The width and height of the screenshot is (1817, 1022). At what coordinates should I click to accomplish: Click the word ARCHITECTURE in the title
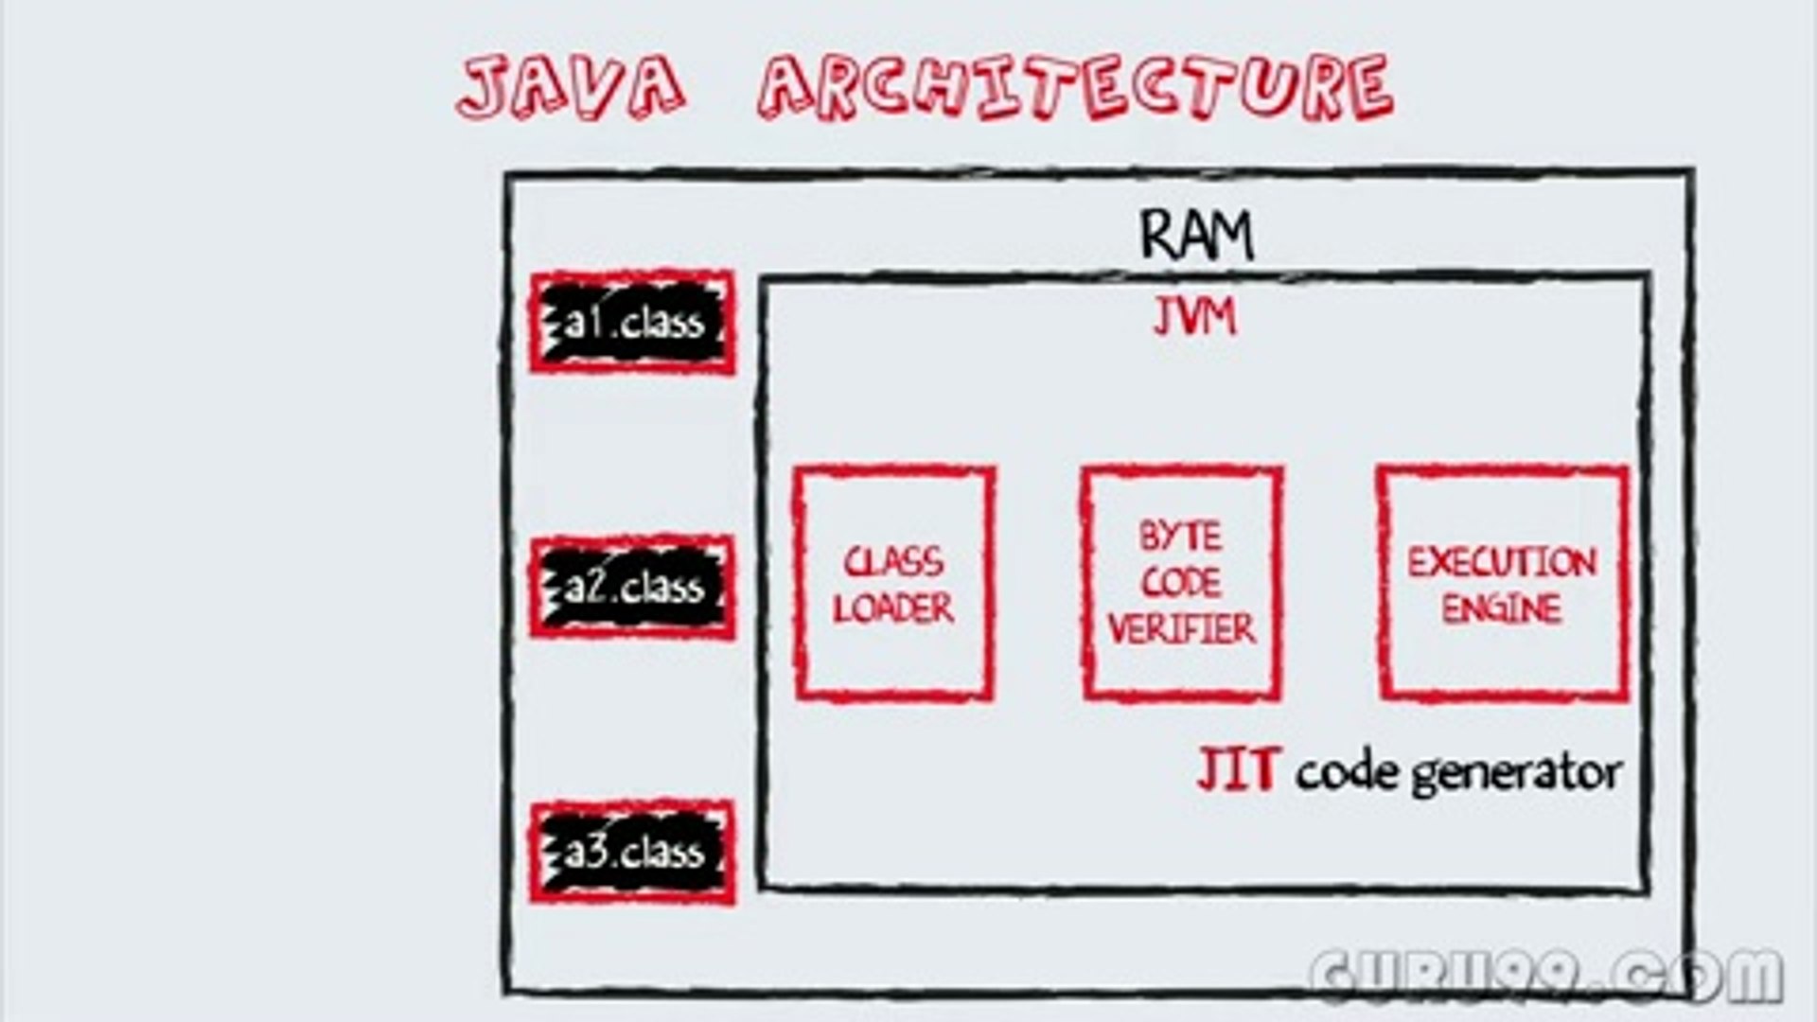1075,87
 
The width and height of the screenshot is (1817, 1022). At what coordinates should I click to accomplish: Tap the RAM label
1197,235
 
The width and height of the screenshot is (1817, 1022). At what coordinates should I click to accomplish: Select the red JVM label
1194,318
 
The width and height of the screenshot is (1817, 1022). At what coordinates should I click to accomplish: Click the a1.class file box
632,323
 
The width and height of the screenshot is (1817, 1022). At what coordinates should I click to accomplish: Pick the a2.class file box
632,588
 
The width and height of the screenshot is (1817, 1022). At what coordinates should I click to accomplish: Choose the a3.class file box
632,853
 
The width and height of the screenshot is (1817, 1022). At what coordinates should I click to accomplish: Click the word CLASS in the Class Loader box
893,562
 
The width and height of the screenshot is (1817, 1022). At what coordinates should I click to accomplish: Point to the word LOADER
893,609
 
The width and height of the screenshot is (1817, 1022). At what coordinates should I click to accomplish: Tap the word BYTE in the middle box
1180,537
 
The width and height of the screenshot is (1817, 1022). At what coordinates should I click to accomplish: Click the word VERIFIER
1181,629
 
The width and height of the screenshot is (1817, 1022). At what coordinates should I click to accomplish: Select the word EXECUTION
1502,563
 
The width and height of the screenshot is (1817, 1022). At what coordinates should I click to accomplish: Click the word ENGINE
1502,609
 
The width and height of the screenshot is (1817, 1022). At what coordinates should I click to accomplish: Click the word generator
1516,774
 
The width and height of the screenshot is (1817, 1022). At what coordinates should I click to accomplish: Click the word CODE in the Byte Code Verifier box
1181,583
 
